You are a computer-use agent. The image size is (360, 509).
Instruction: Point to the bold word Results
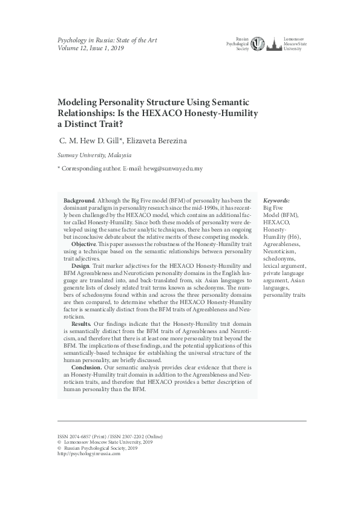coord(81,324)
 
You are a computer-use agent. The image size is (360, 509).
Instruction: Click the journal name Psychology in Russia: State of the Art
coord(106,40)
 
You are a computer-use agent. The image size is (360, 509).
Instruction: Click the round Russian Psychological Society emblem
coord(258,44)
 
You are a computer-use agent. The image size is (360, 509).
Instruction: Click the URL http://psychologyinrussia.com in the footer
coord(88,453)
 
